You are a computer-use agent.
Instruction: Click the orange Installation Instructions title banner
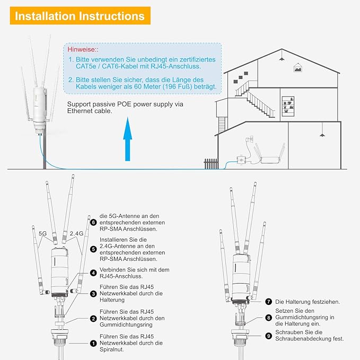point(80,16)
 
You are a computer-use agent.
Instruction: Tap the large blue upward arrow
point(127,140)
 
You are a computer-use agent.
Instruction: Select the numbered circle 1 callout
point(93,343)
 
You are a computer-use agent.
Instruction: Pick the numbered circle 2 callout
point(93,319)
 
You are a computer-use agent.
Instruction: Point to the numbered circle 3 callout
point(93,294)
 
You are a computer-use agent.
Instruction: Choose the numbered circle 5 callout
point(93,248)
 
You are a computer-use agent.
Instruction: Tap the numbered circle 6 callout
point(93,223)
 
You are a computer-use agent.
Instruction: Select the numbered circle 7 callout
point(269,302)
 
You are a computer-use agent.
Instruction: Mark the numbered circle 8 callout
point(269,319)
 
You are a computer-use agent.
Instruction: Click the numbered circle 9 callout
point(269,335)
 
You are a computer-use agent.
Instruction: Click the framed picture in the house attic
point(298,68)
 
